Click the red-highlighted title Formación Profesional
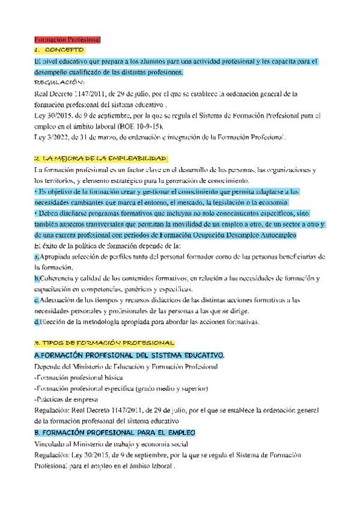point(67,39)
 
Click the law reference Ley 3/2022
point(52,137)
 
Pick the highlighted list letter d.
point(37,322)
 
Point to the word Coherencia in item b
point(59,278)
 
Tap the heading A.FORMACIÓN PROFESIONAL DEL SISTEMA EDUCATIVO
point(130,356)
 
